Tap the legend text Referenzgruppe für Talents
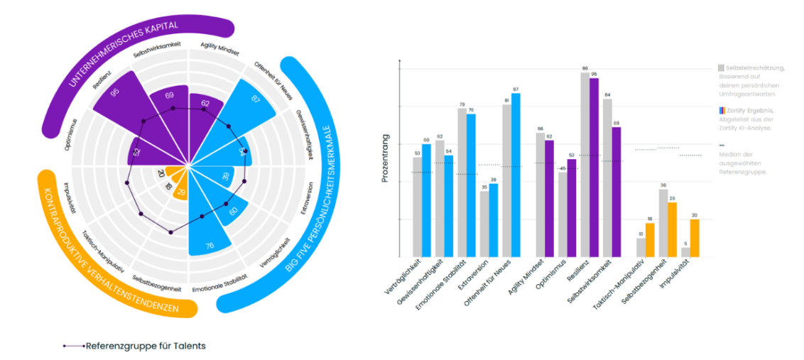tap(145, 346)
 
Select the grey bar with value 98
tap(585, 164)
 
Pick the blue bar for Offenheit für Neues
tap(516, 175)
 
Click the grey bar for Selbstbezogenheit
tap(663, 223)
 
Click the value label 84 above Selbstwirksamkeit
tap(607, 94)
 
